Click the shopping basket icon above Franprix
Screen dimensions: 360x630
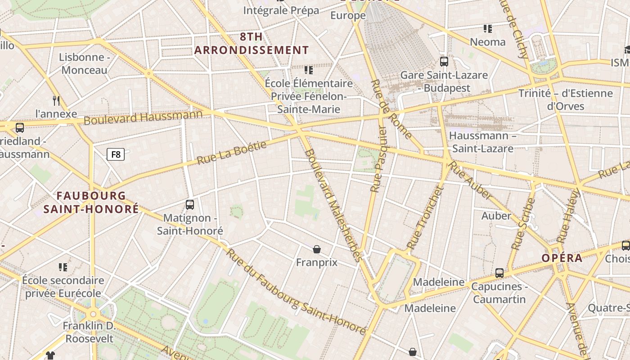(317, 249)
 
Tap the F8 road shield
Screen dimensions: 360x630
(116, 155)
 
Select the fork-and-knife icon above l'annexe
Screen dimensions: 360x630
(56, 100)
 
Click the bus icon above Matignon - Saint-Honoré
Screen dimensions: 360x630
(190, 205)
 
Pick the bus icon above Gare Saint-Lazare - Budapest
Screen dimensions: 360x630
(444, 62)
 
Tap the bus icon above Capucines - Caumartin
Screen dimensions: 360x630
(499, 273)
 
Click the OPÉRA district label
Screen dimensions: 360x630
(562, 258)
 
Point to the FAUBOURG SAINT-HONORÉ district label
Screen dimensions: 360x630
(91, 202)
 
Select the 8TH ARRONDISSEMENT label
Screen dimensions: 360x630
(252, 43)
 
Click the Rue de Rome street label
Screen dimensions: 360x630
(391, 109)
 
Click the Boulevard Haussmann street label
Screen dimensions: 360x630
(143, 118)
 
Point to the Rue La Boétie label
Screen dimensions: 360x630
(232, 153)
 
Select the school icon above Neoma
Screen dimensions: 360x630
(487, 29)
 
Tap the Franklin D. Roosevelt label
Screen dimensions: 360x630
(89, 332)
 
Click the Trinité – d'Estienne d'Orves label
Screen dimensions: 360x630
(565, 100)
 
